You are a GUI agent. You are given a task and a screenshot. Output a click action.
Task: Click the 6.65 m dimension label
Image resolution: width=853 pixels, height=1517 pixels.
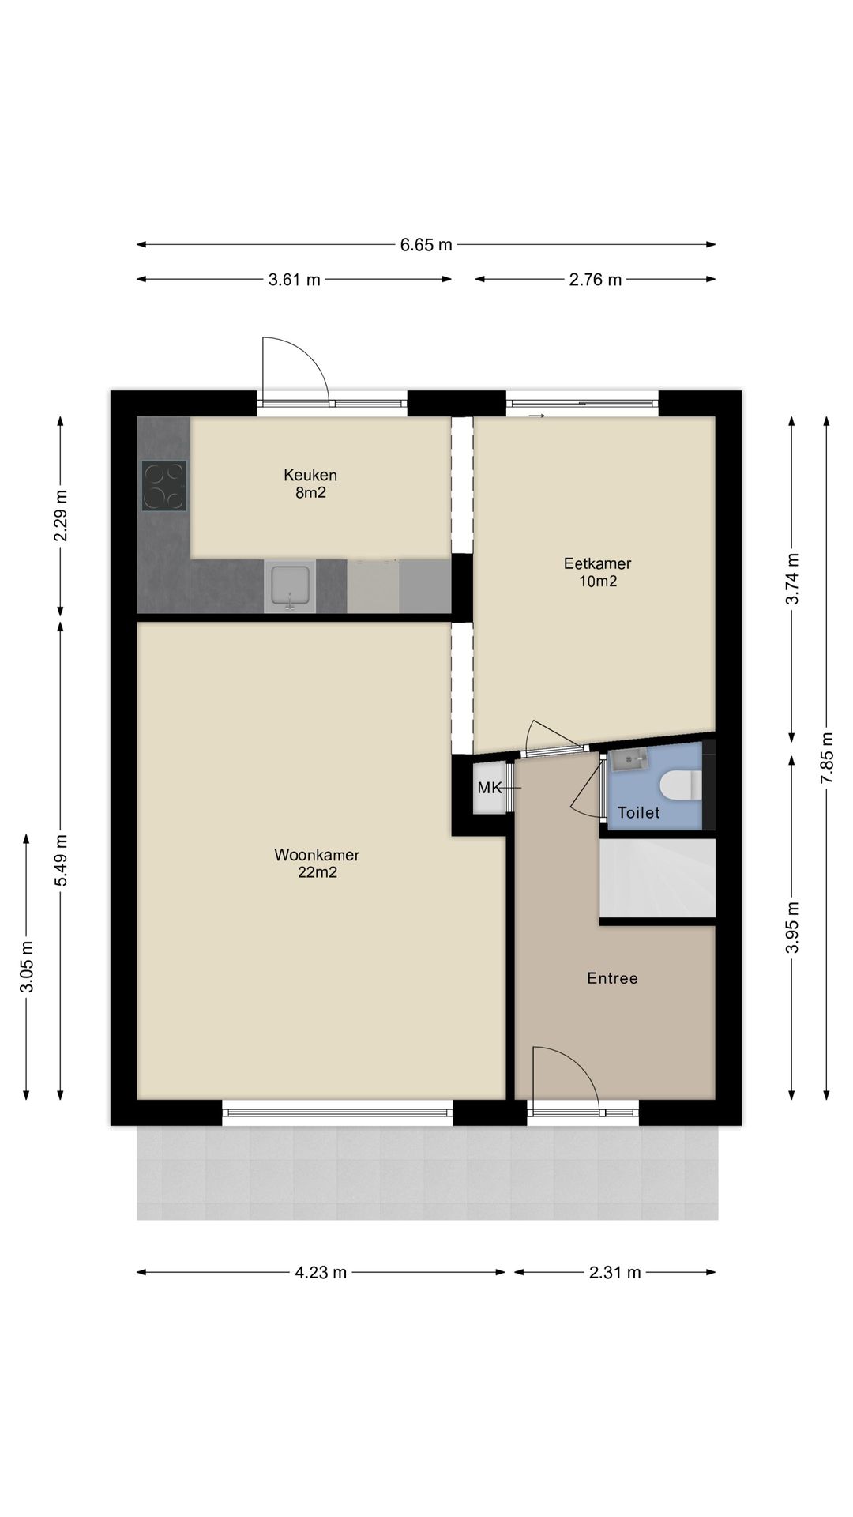[426, 245]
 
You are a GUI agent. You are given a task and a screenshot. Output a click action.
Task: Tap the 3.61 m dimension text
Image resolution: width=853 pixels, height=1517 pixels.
[295, 280]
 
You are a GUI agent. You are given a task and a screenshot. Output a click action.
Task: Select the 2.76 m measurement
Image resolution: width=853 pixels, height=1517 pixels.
[596, 280]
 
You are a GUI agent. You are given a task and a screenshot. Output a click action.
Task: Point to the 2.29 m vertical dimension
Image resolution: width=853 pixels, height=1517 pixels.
[61, 516]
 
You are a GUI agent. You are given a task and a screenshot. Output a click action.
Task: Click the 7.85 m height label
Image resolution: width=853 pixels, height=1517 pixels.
[827, 758]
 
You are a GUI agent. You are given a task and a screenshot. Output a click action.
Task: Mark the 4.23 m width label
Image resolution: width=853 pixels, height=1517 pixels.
[321, 1272]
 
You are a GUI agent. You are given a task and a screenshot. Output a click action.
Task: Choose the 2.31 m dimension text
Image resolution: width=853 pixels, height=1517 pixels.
[615, 1272]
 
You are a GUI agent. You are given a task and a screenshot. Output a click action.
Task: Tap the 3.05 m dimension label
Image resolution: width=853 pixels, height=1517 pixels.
[26, 967]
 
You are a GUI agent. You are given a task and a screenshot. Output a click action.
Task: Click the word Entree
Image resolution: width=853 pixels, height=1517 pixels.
[612, 978]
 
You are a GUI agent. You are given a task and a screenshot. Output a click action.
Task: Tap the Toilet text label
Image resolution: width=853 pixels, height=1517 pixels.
[638, 812]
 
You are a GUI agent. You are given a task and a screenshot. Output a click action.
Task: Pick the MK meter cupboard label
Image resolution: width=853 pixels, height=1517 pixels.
[490, 788]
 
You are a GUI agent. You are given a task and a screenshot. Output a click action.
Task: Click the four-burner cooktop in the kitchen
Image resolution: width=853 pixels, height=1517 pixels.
[164, 485]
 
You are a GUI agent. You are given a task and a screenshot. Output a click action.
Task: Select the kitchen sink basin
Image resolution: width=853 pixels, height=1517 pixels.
[291, 585]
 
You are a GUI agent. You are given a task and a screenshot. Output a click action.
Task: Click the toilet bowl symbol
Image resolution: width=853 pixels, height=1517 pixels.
[682, 785]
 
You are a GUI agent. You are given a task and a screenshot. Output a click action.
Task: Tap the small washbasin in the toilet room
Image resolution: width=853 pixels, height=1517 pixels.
[629, 761]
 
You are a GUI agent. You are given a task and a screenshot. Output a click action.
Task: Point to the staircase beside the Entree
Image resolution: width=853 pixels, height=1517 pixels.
[657, 878]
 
